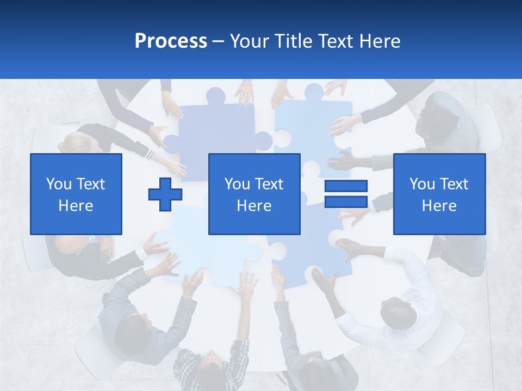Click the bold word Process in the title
[x=171, y=41]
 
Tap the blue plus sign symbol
[x=165, y=194]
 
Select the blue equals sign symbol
[x=346, y=194]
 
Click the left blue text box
[x=76, y=194]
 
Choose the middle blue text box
[x=254, y=194]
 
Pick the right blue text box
[x=439, y=194]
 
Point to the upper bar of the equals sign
[x=346, y=186]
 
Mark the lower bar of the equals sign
[x=346, y=201]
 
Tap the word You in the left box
[x=58, y=184]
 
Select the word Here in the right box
[x=439, y=205]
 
